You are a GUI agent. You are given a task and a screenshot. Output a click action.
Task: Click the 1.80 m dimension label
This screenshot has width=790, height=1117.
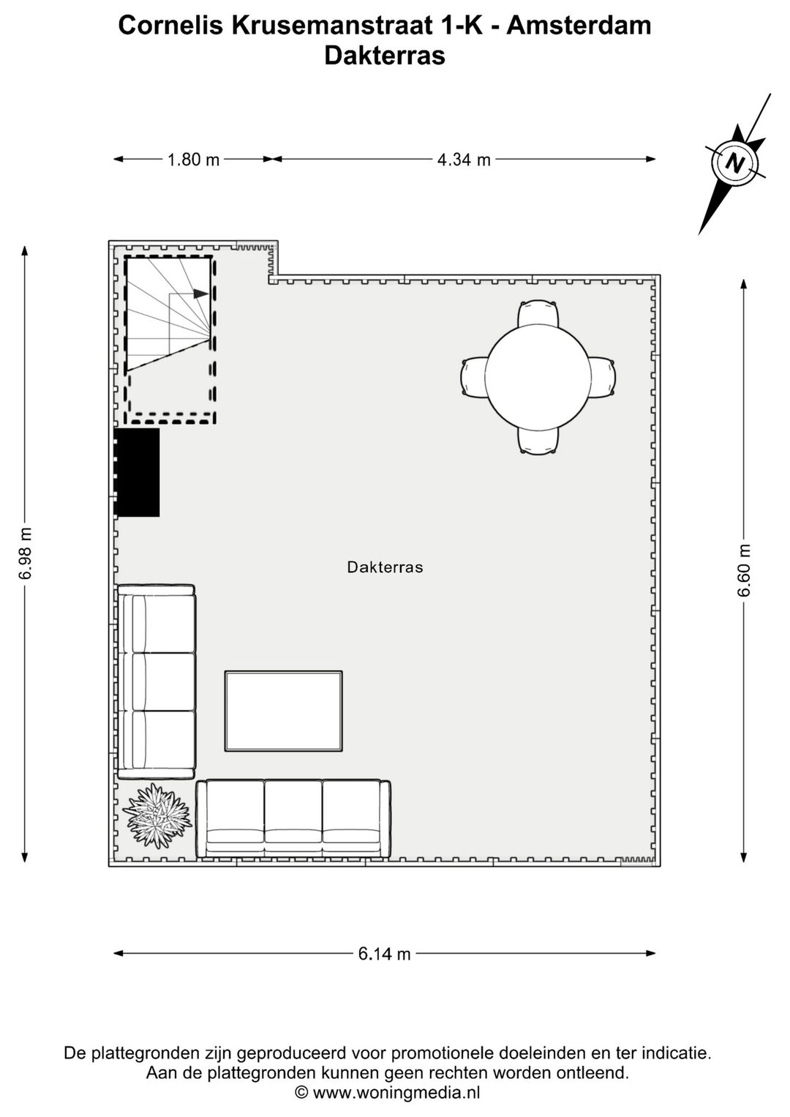click(x=193, y=160)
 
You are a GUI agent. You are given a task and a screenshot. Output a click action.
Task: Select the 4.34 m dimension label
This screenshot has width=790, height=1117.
click(x=464, y=160)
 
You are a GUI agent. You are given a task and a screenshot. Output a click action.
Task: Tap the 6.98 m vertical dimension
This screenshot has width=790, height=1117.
click(x=26, y=553)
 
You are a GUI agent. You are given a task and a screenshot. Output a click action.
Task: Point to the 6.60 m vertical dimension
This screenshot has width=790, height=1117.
click(x=744, y=570)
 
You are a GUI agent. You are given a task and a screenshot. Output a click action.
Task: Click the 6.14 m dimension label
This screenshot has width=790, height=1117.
click(x=384, y=954)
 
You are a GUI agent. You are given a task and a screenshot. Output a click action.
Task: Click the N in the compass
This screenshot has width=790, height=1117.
click(x=734, y=162)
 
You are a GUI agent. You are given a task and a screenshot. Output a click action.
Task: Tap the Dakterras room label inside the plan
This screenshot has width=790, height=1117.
click(x=385, y=567)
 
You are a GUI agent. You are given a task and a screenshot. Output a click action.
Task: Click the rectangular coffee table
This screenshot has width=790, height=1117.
click(x=284, y=711)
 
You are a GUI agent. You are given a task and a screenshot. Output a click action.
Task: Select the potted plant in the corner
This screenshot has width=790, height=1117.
click(x=157, y=816)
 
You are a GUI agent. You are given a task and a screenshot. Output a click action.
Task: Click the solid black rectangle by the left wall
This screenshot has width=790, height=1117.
click(x=138, y=472)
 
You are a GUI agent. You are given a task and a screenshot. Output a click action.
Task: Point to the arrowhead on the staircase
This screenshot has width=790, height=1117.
click(x=201, y=294)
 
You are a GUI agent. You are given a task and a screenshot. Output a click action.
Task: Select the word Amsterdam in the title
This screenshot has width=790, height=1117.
click(x=578, y=26)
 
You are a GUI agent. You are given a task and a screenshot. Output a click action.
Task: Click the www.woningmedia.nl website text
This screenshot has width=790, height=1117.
click(x=396, y=1093)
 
